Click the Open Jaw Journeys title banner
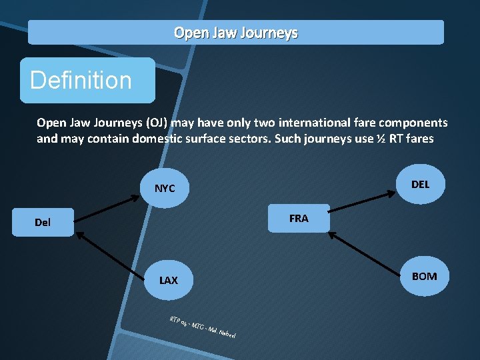click(x=235, y=32)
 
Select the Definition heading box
click(x=87, y=80)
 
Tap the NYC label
click(x=165, y=189)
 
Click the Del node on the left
click(x=43, y=222)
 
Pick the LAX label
click(x=168, y=280)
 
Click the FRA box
click(x=299, y=218)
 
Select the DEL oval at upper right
click(x=420, y=184)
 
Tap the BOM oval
click(x=424, y=276)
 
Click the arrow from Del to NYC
click(x=106, y=207)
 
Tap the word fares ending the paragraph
click(x=419, y=139)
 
